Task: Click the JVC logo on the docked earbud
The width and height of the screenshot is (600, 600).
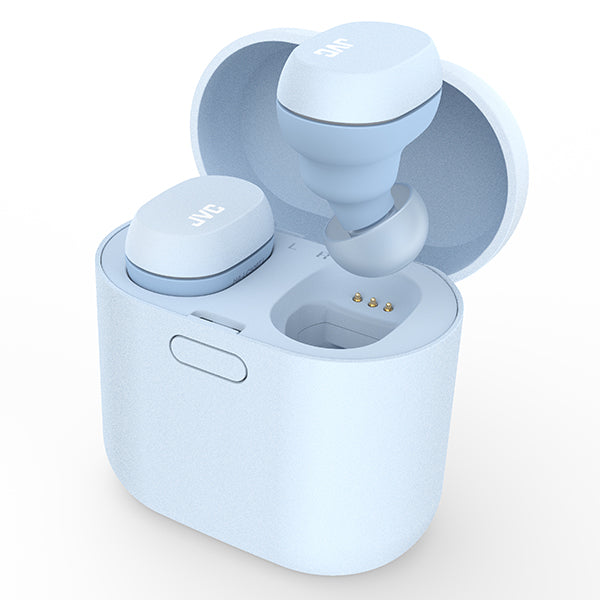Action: pyautogui.click(x=207, y=215)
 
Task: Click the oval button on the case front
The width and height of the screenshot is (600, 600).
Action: pyautogui.click(x=208, y=358)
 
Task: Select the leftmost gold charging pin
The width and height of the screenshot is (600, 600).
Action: pyautogui.click(x=357, y=297)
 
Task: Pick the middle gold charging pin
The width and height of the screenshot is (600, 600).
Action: pyautogui.click(x=372, y=303)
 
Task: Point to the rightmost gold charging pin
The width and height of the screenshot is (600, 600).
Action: pyautogui.click(x=388, y=306)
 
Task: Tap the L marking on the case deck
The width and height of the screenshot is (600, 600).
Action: pyautogui.click(x=294, y=246)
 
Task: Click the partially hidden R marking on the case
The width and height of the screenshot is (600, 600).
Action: pyautogui.click(x=322, y=255)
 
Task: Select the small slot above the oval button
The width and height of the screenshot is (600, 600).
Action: pyautogui.click(x=217, y=321)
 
